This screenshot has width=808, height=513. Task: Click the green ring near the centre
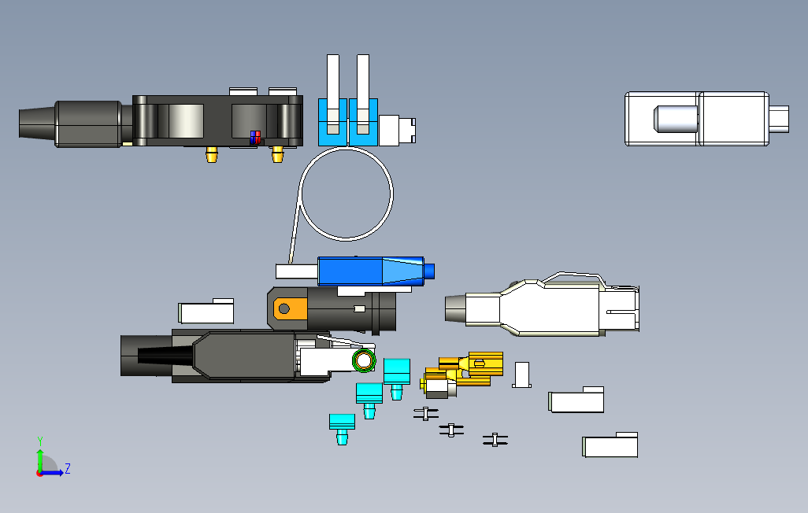tap(364, 361)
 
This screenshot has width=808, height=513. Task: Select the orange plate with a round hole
tap(288, 308)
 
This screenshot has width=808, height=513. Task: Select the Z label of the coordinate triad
tap(68, 469)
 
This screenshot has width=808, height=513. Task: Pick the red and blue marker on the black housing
tap(254, 137)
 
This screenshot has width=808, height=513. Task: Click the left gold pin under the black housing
tap(210, 154)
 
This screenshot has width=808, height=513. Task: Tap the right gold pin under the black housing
tap(276, 154)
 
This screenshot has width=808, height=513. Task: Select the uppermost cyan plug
tap(397, 373)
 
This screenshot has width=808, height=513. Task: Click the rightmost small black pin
tap(495, 441)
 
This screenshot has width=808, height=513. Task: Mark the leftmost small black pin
tap(426, 413)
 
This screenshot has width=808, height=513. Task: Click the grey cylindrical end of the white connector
tap(456, 309)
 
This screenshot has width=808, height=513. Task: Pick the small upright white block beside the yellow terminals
tap(521, 375)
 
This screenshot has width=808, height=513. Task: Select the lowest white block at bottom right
tap(610, 445)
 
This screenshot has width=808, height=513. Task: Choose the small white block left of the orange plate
tap(206, 311)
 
